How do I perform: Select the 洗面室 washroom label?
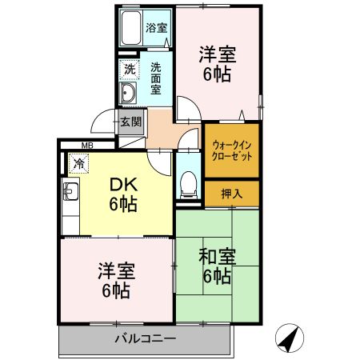[x=157, y=78]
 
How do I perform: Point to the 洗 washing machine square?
[x=130, y=70]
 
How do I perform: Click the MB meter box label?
[x=86, y=146]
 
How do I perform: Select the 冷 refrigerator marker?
[x=78, y=163]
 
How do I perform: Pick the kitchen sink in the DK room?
[x=70, y=193]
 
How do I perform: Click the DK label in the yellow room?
[x=122, y=185]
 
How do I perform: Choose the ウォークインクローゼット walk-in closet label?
[x=232, y=150]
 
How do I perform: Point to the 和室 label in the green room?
[x=216, y=258]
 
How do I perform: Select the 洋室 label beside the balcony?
[x=116, y=270]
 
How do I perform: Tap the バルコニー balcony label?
[x=144, y=339]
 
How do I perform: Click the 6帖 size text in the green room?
[x=216, y=278]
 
